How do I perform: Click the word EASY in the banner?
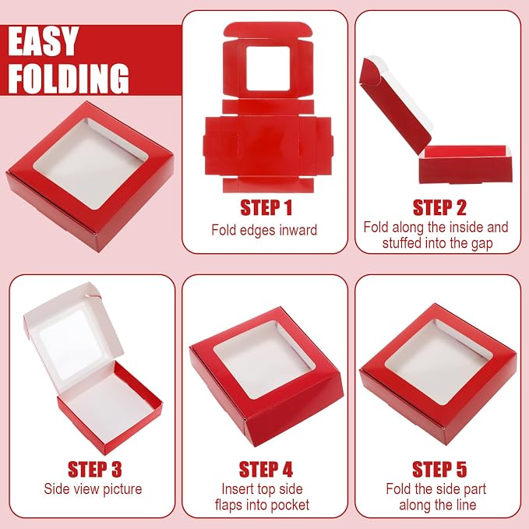(43, 41)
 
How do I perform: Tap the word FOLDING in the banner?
(69, 78)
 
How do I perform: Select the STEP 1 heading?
(266, 208)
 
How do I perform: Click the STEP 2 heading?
(439, 208)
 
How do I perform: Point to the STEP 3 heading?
(94, 469)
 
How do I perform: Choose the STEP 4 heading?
(266, 469)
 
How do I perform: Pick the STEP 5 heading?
(439, 469)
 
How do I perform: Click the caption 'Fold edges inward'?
(264, 230)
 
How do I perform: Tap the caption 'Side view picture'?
(93, 489)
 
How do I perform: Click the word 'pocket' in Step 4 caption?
(290, 505)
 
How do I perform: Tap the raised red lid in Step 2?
(395, 105)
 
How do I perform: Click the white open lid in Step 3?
(74, 337)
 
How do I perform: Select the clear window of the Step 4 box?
(265, 360)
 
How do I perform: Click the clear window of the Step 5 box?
(437, 362)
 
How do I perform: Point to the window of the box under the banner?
(90, 164)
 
